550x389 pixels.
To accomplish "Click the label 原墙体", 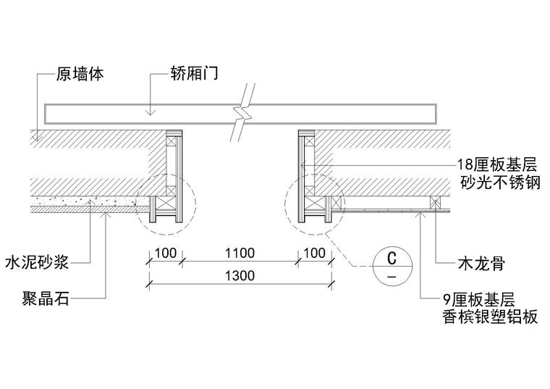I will pyautogui.click(x=79, y=74).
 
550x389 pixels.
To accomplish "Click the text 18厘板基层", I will pyautogui.click(x=498, y=164).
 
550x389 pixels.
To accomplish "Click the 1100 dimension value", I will pyautogui.click(x=240, y=253).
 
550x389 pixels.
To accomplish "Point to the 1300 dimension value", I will pyautogui.click(x=240, y=276).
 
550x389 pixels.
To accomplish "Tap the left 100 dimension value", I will pyautogui.click(x=166, y=253).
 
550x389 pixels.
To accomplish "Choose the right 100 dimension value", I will pyautogui.click(x=314, y=253).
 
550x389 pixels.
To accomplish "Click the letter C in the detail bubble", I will pyautogui.click(x=392, y=257).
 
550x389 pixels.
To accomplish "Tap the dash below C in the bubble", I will pyautogui.click(x=392, y=277).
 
